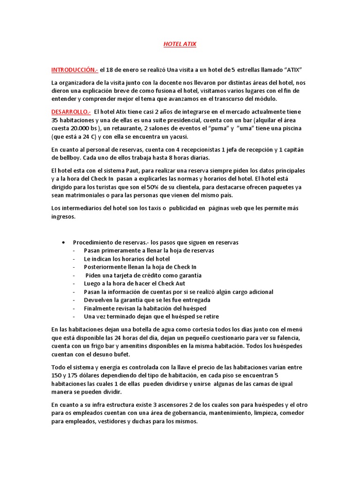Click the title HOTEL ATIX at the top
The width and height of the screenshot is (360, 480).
pyautogui.click(x=180, y=44)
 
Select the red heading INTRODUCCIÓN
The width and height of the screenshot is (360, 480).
pyautogui.click(x=74, y=70)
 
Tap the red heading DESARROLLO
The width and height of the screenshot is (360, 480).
pyautogui.click(x=71, y=112)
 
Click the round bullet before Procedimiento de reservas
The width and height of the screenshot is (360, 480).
pyautogui.click(x=63, y=242)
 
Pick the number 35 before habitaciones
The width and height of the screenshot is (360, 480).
pyautogui.click(x=55, y=120)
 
